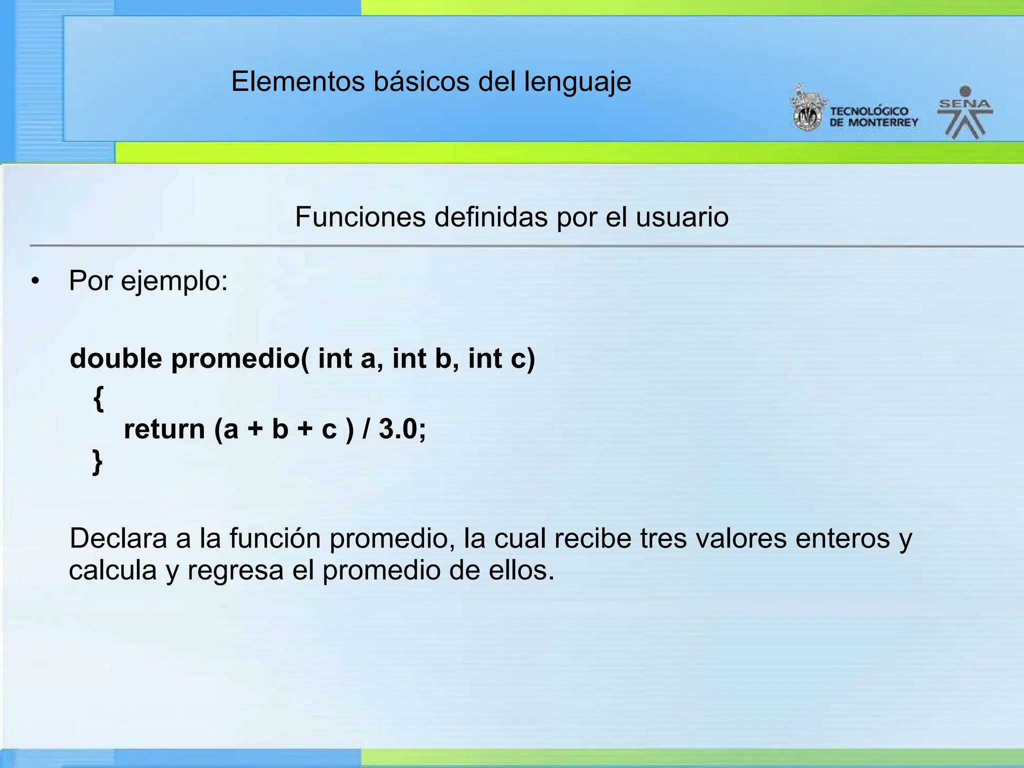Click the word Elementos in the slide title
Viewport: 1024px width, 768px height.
[x=298, y=81]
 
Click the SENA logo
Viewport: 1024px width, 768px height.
[x=965, y=112]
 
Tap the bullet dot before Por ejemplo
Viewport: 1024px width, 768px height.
[x=34, y=281]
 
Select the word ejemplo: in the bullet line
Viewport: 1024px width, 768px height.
[x=174, y=281]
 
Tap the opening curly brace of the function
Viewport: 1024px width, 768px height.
[x=98, y=398]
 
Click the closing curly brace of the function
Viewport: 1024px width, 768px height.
[x=97, y=461]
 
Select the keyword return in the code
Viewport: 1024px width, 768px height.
[x=164, y=429]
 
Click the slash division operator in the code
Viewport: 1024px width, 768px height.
[x=366, y=429]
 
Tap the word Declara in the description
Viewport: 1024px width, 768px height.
[x=118, y=539]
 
